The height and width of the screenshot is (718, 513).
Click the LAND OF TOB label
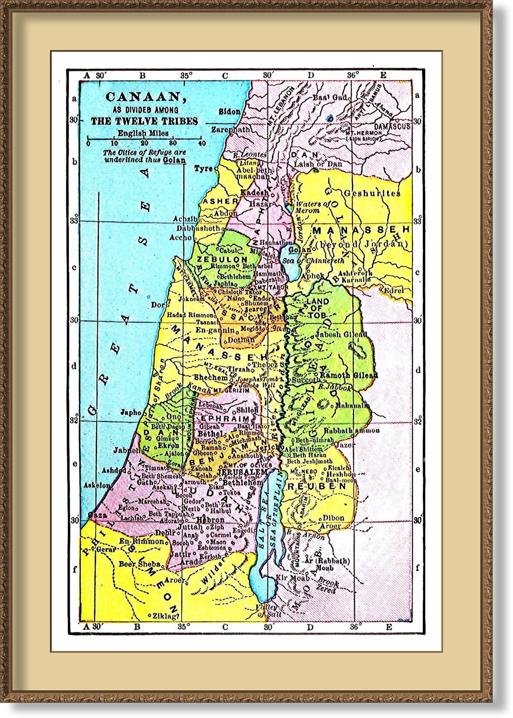tap(318, 305)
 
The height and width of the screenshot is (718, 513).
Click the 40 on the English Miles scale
tap(202, 143)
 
